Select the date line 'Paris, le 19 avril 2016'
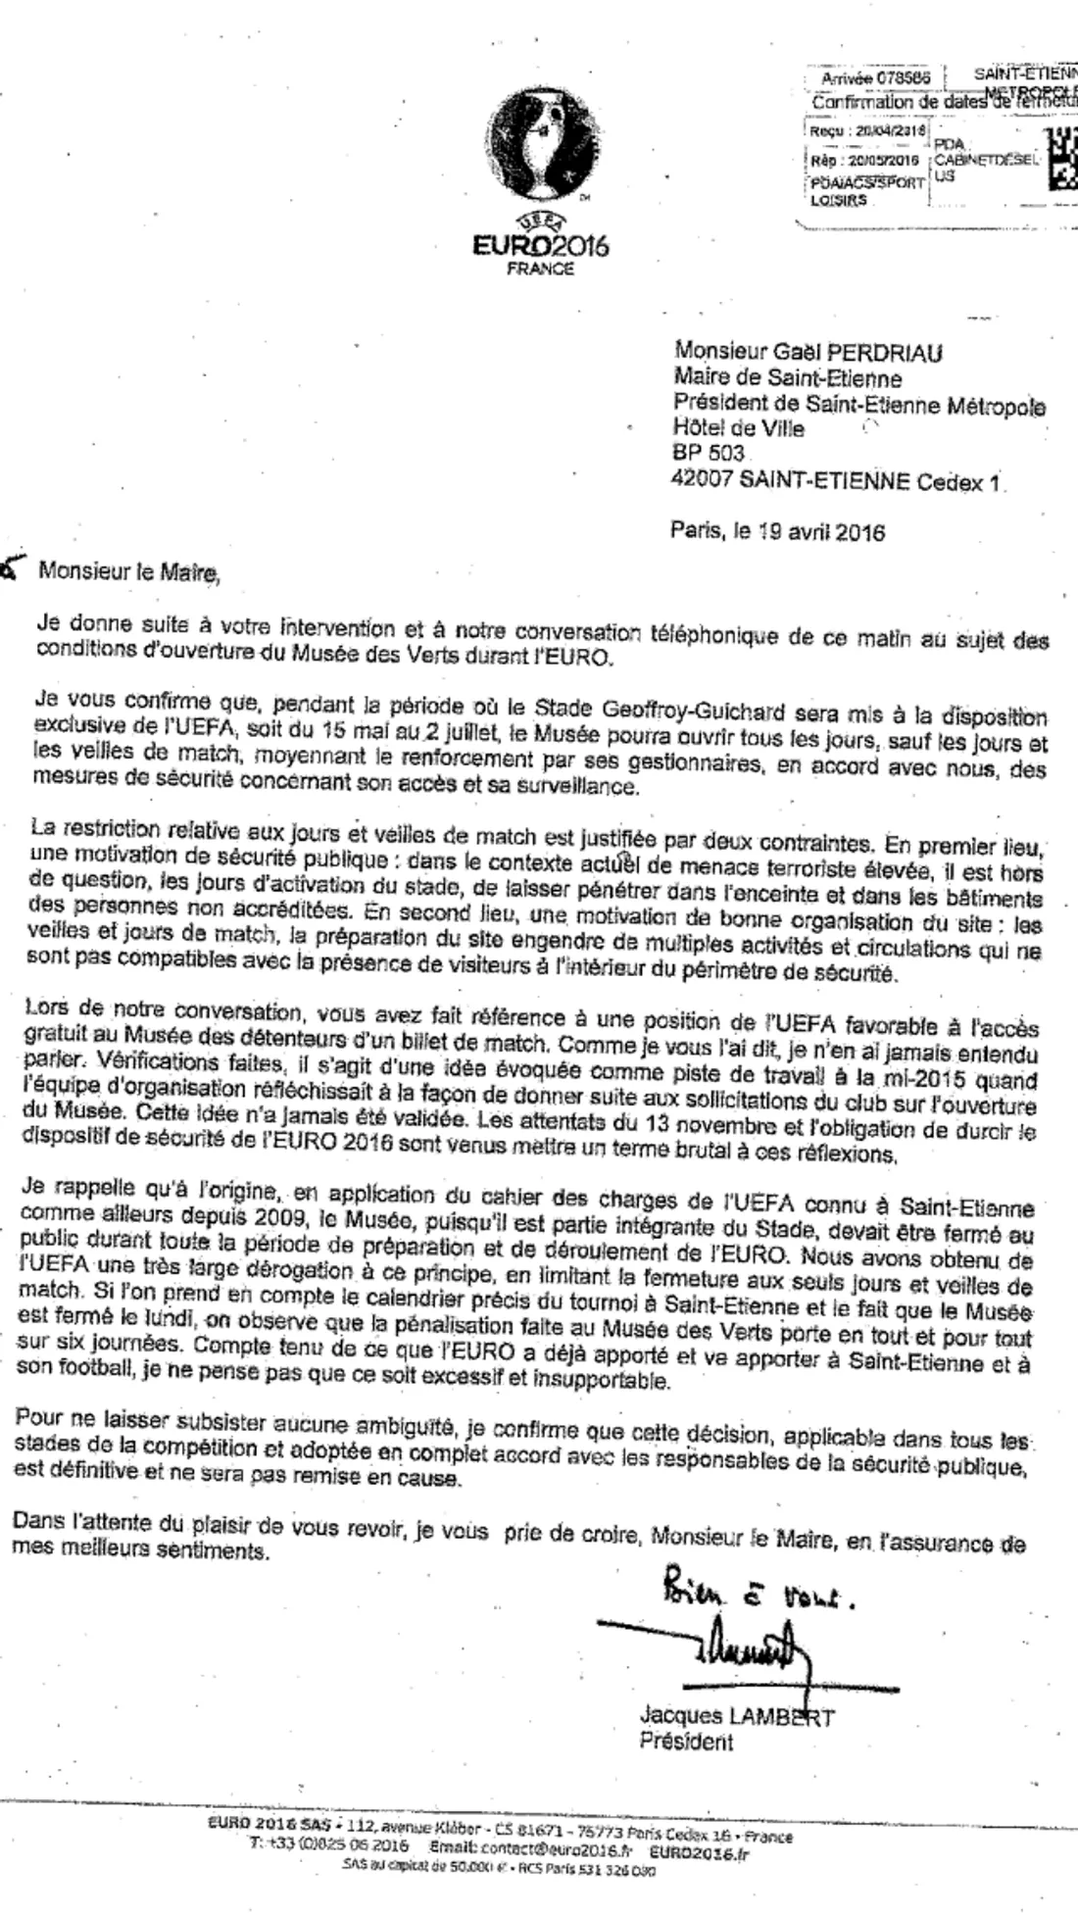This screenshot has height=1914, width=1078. [x=777, y=532]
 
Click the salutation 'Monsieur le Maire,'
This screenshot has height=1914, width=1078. [x=128, y=572]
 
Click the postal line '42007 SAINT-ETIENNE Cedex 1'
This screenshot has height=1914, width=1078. [x=840, y=480]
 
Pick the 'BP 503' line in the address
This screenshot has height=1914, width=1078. [x=709, y=454]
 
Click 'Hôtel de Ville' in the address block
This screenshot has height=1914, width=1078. [x=738, y=428]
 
